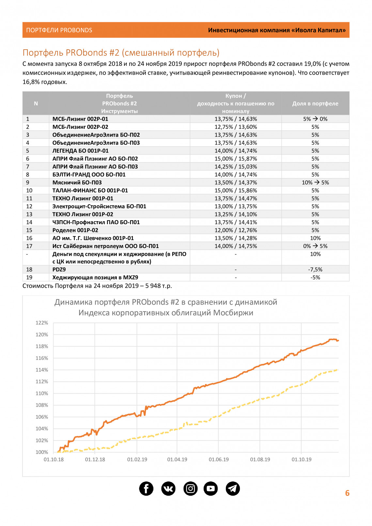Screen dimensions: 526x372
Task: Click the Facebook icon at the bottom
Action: point(146,488)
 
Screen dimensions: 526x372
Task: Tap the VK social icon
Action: point(168,488)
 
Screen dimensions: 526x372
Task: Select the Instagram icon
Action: point(191,488)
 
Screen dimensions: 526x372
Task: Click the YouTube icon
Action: point(211,488)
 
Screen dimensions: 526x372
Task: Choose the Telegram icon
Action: point(233,488)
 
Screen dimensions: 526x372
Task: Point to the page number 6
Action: point(347,493)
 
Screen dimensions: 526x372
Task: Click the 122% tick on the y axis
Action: point(42,323)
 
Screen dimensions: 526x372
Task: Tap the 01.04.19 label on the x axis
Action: point(177,459)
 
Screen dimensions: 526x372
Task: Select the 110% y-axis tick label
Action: point(42,393)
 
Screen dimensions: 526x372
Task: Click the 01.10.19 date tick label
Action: point(302,459)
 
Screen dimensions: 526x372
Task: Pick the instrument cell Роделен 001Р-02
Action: point(75,230)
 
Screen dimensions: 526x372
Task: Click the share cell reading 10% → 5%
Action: point(315,182)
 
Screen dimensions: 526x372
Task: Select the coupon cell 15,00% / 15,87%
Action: point(236,159)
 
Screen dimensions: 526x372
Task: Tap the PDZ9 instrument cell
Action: point(59,270)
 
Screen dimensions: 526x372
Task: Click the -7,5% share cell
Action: point(315,270)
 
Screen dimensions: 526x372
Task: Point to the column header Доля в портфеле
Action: point(315,103)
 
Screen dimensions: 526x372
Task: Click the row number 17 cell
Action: point(29,246)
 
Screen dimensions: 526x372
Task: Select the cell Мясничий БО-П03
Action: point(77,182)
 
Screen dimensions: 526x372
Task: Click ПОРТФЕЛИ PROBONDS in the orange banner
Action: point(59,30)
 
